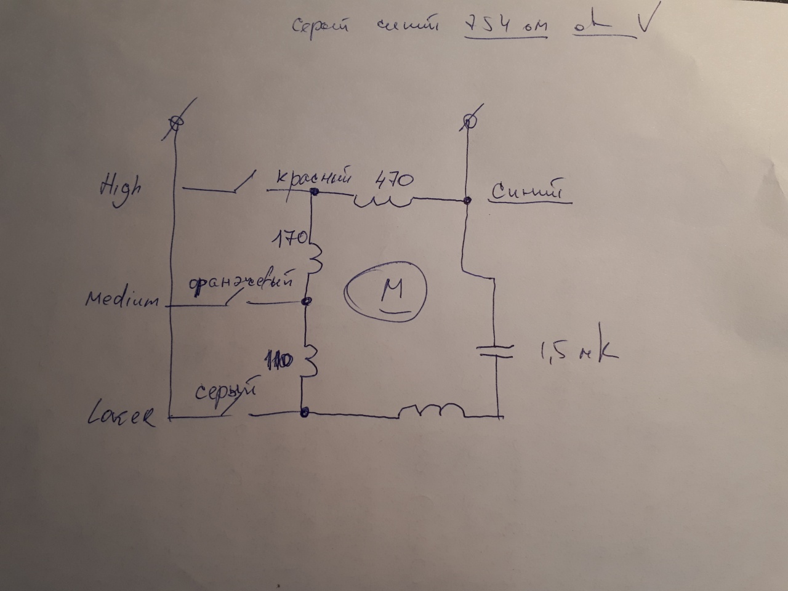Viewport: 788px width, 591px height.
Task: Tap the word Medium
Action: pyautogui.click(x=122, y=300)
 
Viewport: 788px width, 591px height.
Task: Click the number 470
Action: pyautogui.click(x=394, y=181)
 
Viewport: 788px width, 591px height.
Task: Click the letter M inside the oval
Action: pyautogui.click(x=392, y=289)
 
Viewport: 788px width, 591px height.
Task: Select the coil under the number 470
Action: pyautogui.click(x=382, y=201)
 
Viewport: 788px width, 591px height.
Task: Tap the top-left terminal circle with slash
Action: pyautogui.click(x=175, y=123)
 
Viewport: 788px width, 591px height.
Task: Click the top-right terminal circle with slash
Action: pyautogui.click(x=470, y=121)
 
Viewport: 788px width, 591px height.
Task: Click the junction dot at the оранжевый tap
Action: pyautogui.click(x=307, y=301)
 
